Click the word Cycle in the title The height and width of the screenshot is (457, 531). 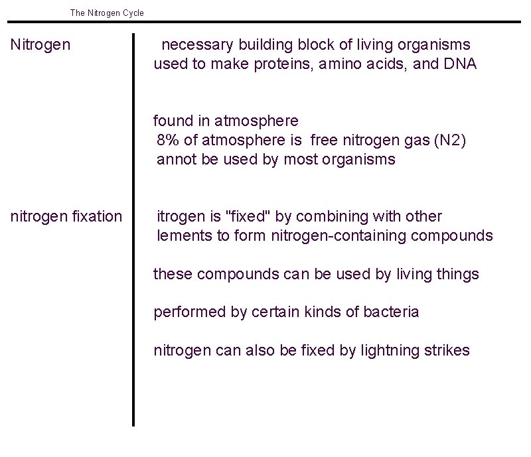[133, 13]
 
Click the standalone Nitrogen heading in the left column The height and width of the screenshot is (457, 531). [40, 45]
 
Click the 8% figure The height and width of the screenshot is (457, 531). [168, 141]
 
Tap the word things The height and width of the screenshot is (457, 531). [458, 274]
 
